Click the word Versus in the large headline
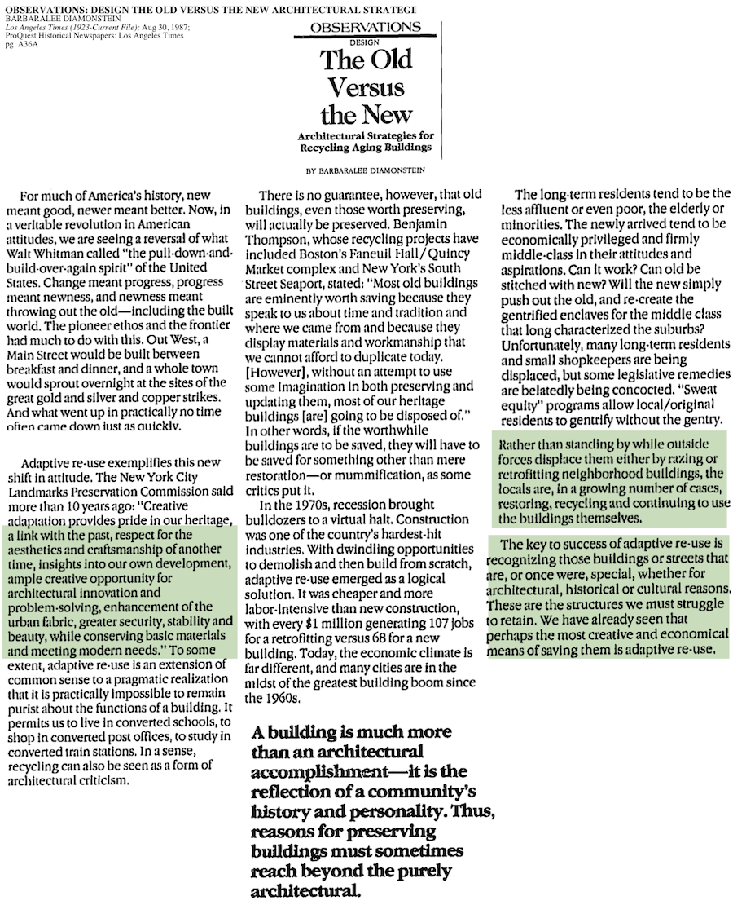point(366,87)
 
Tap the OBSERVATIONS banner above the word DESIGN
point(366,27)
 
